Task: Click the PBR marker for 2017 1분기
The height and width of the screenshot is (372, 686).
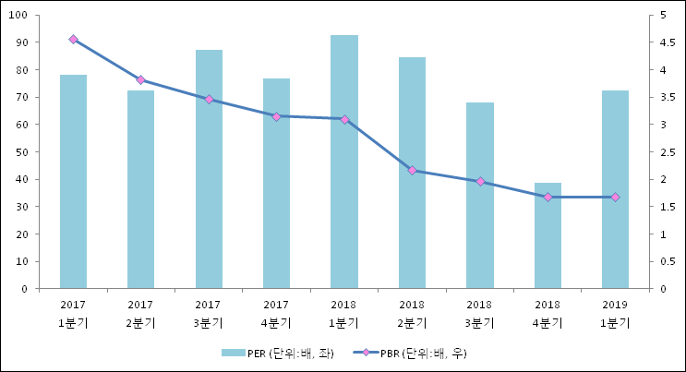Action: pyautogui.click(x=73, y=40)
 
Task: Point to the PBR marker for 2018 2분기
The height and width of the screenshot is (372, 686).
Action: pyautogui.click(x=412, y=171)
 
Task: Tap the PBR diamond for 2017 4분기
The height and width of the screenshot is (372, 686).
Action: pyautogui.click(x=276, y=116)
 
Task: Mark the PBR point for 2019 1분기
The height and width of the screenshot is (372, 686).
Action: pyautogui.click(x=615, y=198)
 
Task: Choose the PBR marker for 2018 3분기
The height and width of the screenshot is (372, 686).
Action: pyautogui.click(x=479, y=181)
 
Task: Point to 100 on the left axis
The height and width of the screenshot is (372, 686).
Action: pyautogui.click(x=18, y=16)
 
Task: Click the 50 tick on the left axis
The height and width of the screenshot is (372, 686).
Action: pyautogui.click(x=21, y=152)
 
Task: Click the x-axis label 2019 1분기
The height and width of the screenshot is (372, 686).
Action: pyautogui.click(x=615, y=314)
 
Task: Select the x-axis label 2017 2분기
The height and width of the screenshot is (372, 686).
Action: pyautogui.click(x=140, y=314)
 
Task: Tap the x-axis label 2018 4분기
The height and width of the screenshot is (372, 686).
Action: pyautogui.click(x=548, y=314)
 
